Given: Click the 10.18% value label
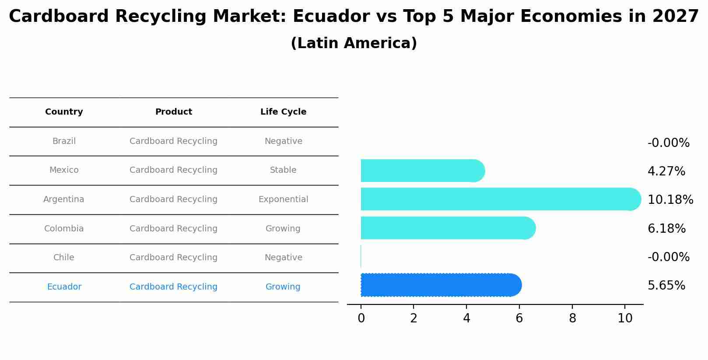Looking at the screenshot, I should [x=670, y=200].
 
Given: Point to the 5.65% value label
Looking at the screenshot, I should [x=666, y=286].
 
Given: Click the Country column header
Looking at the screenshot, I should [x=64, y=112].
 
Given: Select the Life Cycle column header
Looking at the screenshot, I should [x=283, y=112].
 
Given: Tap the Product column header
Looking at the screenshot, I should [x=173, y=112].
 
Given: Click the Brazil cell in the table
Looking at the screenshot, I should [x=64, y=141].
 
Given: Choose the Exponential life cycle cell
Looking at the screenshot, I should [x=283, y=199].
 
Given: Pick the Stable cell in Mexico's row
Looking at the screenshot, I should [x=283, y=170].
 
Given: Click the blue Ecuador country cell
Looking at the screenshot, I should [x=64, y=287].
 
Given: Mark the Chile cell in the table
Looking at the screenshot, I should [x=64, y=258].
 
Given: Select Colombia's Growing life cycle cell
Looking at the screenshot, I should [x=283, y=229].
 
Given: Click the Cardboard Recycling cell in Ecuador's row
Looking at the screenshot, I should [x=173, y=287].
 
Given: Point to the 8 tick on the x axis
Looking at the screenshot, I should [x=572, y=318].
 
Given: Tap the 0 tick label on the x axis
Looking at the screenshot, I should [x=361, y=318].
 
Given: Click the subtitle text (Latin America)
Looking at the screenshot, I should [x=354, y=43].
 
